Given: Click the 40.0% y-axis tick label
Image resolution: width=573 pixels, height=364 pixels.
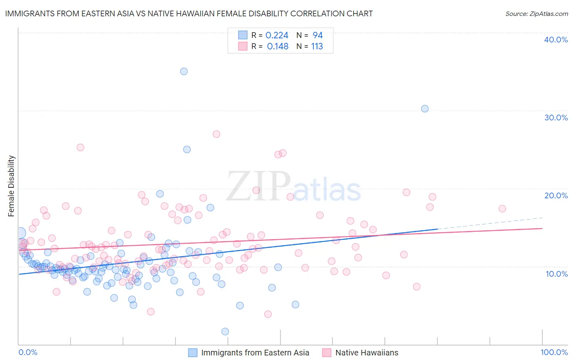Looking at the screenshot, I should point(556,40).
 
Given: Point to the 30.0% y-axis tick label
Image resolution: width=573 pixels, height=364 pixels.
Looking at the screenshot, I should point(556,118).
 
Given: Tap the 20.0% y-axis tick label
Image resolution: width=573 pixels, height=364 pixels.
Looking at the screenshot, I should point(556,195).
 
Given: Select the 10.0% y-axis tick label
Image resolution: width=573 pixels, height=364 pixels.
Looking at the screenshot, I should point(557,274).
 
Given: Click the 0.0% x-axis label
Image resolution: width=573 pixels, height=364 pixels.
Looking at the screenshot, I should point(28,353).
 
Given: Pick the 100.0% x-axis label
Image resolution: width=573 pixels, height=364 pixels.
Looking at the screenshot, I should point(554,353).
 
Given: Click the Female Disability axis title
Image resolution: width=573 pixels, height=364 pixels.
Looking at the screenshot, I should point(11,186).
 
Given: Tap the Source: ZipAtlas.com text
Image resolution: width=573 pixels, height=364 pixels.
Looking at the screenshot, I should point(536,13).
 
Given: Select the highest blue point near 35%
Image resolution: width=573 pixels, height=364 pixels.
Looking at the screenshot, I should point(184,71).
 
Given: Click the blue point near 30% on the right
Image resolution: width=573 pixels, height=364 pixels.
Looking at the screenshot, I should point(425,109).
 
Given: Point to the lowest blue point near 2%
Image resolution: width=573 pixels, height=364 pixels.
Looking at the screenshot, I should point(225,332).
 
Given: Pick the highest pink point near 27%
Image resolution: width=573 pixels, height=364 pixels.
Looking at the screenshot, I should point(216,134).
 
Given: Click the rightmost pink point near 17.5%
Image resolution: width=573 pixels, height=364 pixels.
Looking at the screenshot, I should point(502,209).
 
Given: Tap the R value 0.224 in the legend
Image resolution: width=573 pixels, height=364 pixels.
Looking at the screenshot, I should point(277,36).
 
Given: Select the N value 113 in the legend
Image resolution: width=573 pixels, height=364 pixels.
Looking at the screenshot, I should point(317,47).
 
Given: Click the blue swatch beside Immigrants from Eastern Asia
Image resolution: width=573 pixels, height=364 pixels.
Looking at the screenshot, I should point(192,353).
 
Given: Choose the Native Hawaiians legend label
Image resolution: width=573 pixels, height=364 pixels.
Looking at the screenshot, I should point(366,353).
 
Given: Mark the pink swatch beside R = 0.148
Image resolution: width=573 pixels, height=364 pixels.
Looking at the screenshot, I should point(243,46).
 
